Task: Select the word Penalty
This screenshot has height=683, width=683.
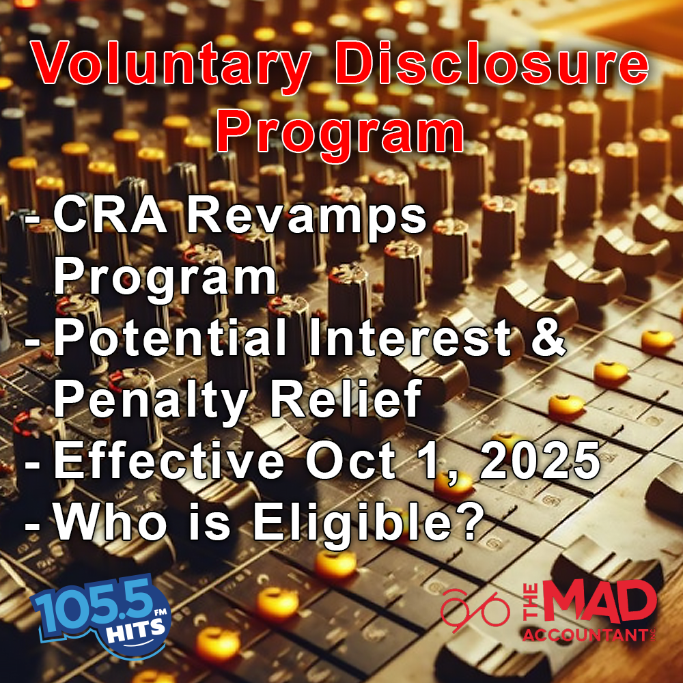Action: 150,404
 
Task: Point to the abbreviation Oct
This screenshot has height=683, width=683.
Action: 350,461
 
